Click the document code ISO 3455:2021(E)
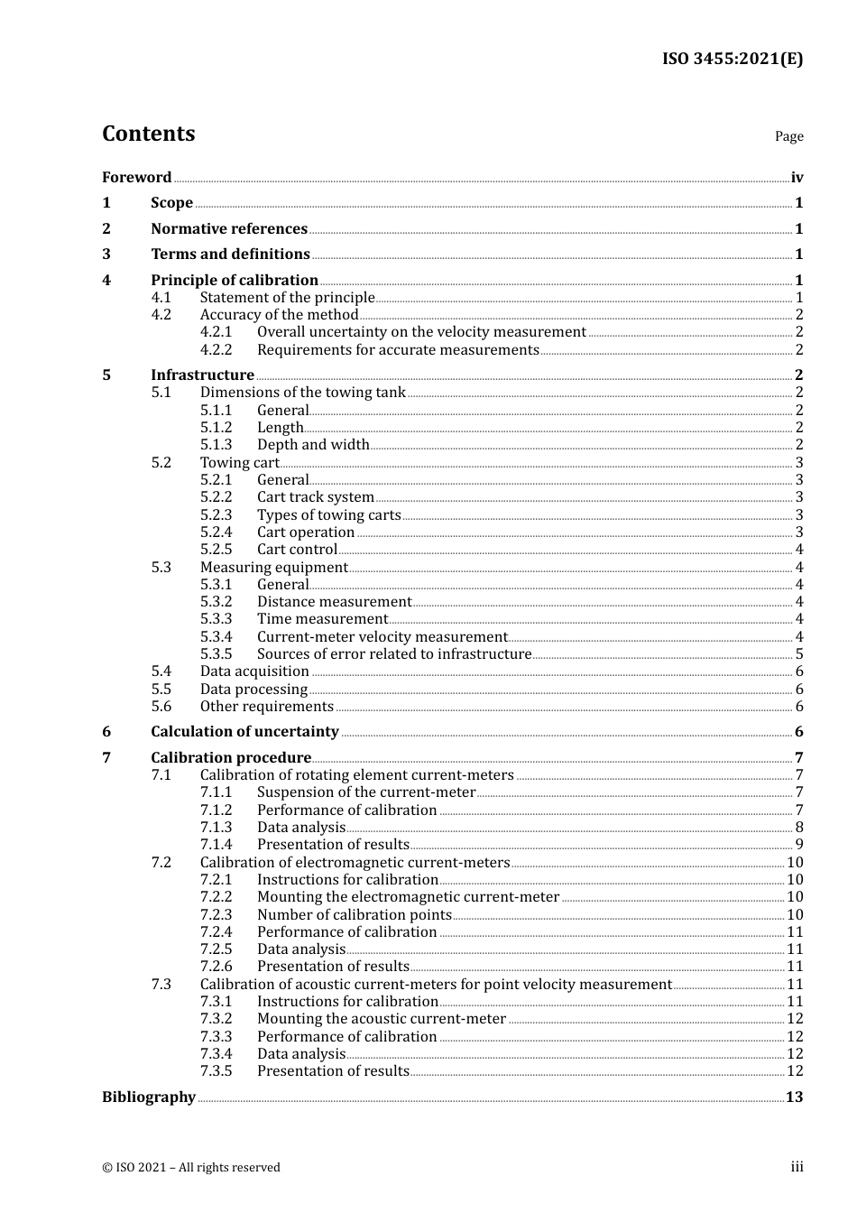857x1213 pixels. (732, 59)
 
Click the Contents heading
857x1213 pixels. (148, 134)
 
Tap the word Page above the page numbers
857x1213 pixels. (788, 136)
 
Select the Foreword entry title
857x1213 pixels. (136, 178)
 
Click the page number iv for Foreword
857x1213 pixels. (797, 178)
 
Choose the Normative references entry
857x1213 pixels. (229, 229)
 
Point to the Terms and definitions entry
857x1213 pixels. (230, 255)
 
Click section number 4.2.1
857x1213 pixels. (216, 332)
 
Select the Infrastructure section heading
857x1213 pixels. (202, 375)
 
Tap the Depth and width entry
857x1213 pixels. (313, 445)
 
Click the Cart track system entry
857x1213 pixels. (315, 497)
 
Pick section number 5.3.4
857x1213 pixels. (216, 637)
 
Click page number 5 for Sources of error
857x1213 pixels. (798, 654)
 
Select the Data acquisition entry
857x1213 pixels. (254, 671)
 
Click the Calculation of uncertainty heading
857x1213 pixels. (244, 732)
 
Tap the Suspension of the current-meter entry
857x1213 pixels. (365, 792)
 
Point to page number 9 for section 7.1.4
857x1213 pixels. (798, 845)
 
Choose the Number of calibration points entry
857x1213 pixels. (354, 914)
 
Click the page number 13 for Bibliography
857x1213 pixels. (794, 1097)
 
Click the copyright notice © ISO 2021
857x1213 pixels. (190, 1167)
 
